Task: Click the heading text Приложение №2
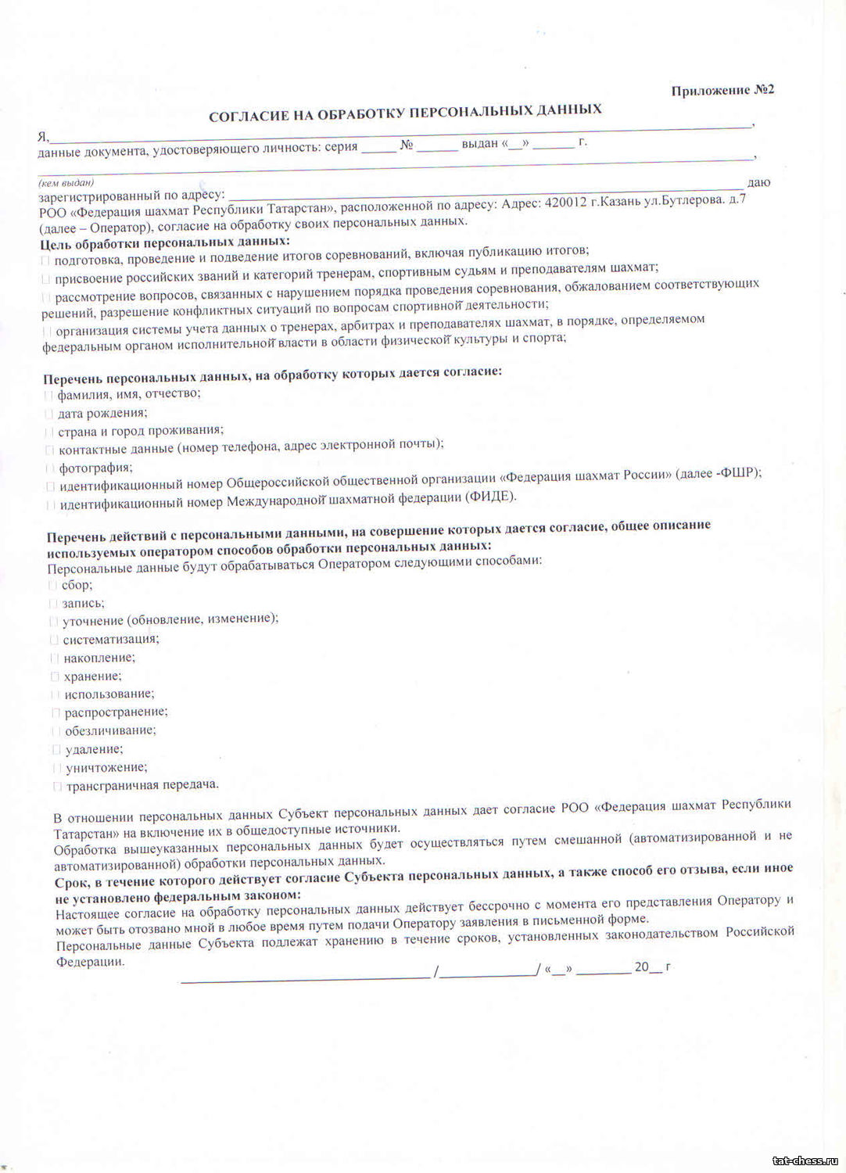pyautogui.click(x=722, y=91)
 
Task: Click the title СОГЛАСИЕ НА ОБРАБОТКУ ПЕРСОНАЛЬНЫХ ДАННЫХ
pyautogui.click(x=405, y=113)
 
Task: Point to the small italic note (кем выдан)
pyautogui.click(x=66, y=183)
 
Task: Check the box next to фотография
pyautogui.click(x=50, y=468)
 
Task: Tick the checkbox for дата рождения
pyautogui.click(x=48, y=414)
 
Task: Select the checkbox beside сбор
pyautogui.click(x=52, y=585)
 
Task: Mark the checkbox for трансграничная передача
pyautogui.click(x=57, y=786)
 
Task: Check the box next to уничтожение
pyautogui.click(x=56, y=768)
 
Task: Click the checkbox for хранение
pyautogui.click(x=55, y=676)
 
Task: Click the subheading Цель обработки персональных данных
pyautogui.click(x=165, y=242)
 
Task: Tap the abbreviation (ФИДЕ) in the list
pyautogui.click(x=491, y=497)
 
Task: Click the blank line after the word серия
pyautogui.click(x=378, y=149)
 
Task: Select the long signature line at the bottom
pyautogui.click(x=305, y=976)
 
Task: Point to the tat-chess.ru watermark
pyautogui.click(x=805, y=1161)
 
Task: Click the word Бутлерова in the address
pyautogui.click(x=688, y=200)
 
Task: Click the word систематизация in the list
pyautogui.click(x=111, y=640)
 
